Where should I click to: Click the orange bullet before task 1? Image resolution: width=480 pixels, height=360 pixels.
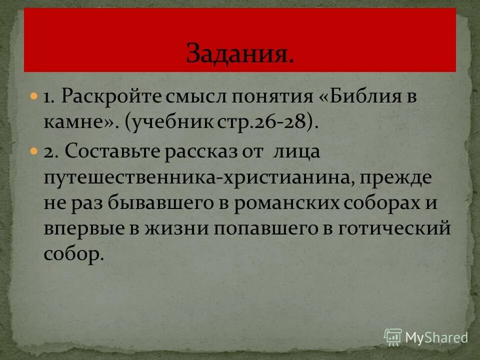click(34, 94)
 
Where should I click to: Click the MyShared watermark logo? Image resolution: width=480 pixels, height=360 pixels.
click(426, 337)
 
